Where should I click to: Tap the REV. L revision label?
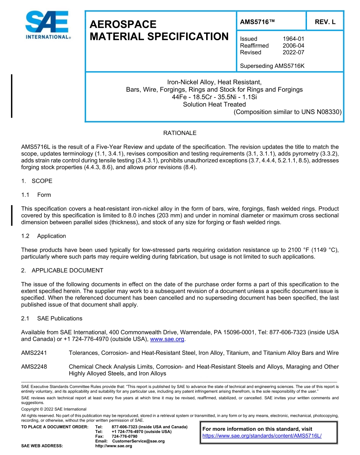[x=325, y=22]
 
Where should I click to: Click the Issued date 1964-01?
[x=293, y=39]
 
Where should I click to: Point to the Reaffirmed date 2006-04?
[x=293, y=45]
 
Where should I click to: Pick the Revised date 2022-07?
[x=293, y=52]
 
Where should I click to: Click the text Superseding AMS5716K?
[x=272, y=66]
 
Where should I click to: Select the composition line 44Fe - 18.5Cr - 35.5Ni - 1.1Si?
[x=214, y=97]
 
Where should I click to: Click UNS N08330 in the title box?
[x=321, y=112]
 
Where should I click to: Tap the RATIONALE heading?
[x=180, y=133]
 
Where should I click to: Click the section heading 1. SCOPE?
[x=37, y=181]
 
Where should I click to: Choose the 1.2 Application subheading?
[x=44, y=236]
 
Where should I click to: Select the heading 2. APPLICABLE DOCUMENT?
[x=62, y=270]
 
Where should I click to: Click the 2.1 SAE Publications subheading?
[x=52, y=318]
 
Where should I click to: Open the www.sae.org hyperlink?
[x=167, y=339]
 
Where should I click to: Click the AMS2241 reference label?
[x=34, y=353]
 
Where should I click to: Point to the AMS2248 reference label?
[x=34, y=367]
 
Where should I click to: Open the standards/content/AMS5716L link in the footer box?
[x=262, y=436]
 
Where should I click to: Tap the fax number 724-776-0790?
[x=124, y=436]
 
